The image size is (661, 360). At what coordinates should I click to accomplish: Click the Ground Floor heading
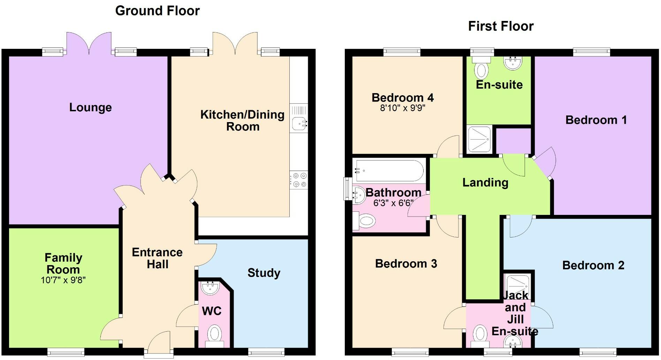[158, 11]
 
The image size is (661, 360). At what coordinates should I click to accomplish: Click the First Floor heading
[501, 26]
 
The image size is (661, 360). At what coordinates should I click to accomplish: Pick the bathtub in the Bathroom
[388, 171]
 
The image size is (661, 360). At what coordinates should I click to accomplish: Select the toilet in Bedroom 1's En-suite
[481, 67]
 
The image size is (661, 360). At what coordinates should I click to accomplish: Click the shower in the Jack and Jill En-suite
[518, 284]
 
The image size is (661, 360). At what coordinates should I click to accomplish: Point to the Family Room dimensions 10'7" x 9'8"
[63, 280]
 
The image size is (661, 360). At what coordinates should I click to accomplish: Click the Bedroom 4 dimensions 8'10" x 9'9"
[403, 108]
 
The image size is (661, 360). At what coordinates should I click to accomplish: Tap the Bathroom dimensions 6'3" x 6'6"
[393, 203]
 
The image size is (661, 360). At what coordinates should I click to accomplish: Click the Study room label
[264, 273]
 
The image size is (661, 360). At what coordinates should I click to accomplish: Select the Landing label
[485, 182]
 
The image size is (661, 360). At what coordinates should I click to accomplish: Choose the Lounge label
[91, 107]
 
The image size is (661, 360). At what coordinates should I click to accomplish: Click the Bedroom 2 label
[593, 265]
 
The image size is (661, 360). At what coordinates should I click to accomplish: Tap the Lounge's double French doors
[89, 44]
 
